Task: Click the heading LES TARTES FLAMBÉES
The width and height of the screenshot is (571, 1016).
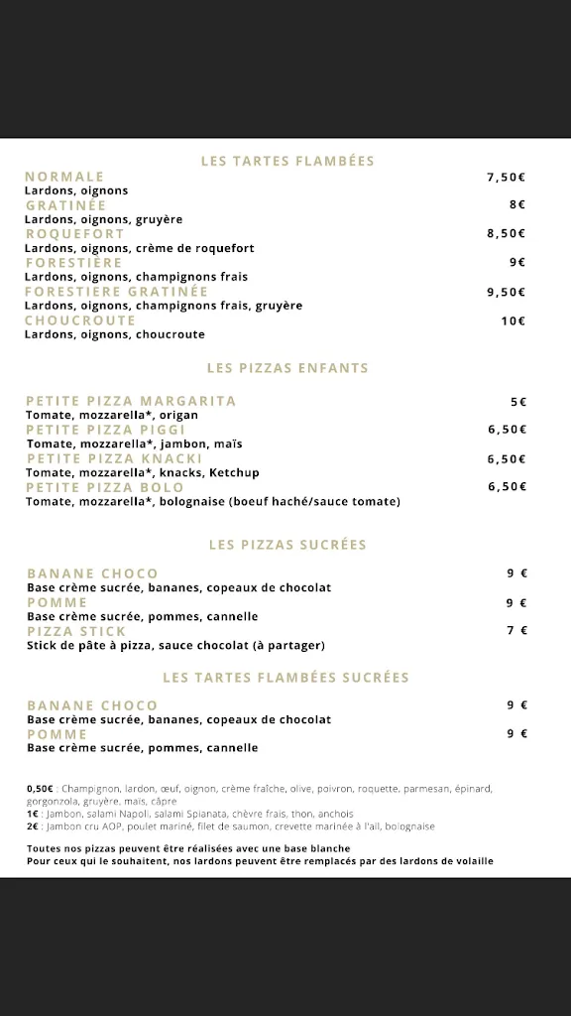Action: click(287, 161)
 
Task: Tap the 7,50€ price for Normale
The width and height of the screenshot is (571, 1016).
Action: click(506, 178)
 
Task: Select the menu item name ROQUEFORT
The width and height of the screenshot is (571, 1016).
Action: click(75, 234)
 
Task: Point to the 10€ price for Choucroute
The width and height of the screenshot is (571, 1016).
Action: click(513, 321)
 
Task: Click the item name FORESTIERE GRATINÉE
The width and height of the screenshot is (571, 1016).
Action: click(117, 292)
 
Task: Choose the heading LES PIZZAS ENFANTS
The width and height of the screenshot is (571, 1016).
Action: click(287, 368)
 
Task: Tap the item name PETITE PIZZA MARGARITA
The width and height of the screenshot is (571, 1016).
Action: click(131, 401)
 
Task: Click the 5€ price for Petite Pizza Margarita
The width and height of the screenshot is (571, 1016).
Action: click(518, 402)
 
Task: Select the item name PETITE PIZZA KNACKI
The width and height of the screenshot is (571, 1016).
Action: click(114, 459)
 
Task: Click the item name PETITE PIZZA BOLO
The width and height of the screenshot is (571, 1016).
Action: click(105, 487)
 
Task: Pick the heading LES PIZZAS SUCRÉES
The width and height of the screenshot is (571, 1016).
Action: click(287, 545)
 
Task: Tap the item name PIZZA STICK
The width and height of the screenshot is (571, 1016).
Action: click(76, 631)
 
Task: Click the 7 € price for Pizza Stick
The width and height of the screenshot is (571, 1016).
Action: click(516, 631)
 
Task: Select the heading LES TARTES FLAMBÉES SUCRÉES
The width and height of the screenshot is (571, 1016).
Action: click(286, 678)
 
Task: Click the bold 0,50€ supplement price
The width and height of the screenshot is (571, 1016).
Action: click(40, 789)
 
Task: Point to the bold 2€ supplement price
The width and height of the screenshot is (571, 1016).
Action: click(33, 826)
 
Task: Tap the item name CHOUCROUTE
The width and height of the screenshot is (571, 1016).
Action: click(80, 320)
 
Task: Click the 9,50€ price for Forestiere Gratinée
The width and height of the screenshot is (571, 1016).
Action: click(506, 293)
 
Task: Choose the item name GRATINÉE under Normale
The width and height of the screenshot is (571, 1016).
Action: click(65, 205)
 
